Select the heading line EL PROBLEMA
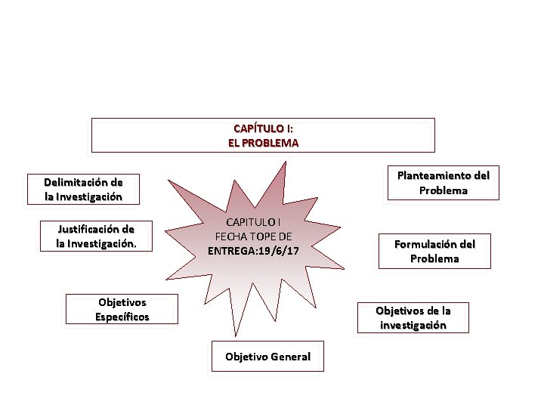[263, 142]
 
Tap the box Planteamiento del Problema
[444, 183]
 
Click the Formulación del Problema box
[434, 252]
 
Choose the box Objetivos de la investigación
[413, 317]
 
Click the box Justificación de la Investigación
[97, 236]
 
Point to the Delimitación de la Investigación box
[83, 189]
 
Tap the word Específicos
[122, 317]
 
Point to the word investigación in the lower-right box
[413, 325]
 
